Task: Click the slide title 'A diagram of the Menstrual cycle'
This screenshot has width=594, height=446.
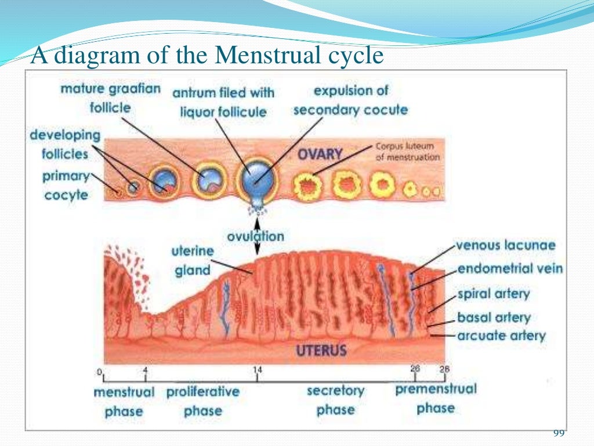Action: [x=207, y=56]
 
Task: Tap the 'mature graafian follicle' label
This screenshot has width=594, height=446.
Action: [x=110, y=99]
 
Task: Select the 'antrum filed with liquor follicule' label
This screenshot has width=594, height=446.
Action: [x=223, y=102]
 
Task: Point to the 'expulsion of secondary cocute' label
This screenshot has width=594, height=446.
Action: [x=350, y=100]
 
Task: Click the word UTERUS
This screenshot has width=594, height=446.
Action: [x=321, y=350]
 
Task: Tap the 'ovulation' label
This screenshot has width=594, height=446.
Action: [x=256, y=236]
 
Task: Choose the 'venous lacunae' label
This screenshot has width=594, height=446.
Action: [x=505, y=245]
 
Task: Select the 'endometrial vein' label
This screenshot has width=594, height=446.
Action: [x=510, y=269]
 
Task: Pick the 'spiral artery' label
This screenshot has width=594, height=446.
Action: [x=494, y=293]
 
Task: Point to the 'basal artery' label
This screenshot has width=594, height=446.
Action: [x=494, y=318]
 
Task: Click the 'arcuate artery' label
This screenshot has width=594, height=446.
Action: [x=501, y=336]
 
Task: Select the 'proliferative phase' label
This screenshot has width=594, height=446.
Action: [x=202, y=401]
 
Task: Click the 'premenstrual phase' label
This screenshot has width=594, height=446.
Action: [x=436, y=398]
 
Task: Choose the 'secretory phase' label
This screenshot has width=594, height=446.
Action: [x=335, y=400]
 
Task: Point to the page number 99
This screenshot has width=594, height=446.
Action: [x=559, y=433]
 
